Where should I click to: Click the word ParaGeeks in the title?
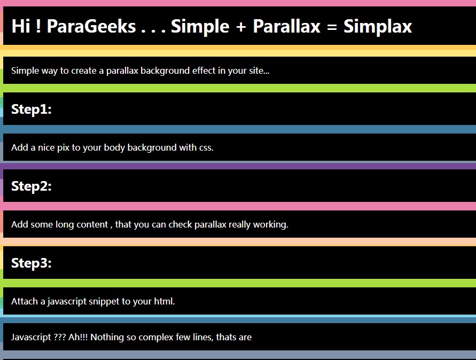(x=91, y=26)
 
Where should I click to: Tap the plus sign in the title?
(x=241, y=27)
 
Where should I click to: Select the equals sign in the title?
(x=332, y=27)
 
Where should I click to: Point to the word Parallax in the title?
(x=286, y=26)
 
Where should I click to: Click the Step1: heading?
(x=32, y=109)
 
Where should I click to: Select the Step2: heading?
(x=32, y=186)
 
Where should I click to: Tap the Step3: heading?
(x=32, y=263)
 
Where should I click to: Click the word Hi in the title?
(x=21, y=26)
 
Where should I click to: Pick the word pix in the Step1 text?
(x=64, y=147)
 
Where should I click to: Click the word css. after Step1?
(x=206, y=148)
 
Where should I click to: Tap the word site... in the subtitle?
(x=259, y=71)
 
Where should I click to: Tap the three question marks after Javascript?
(x=59, y=337)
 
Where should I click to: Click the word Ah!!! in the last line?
(x=77, y=337)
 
